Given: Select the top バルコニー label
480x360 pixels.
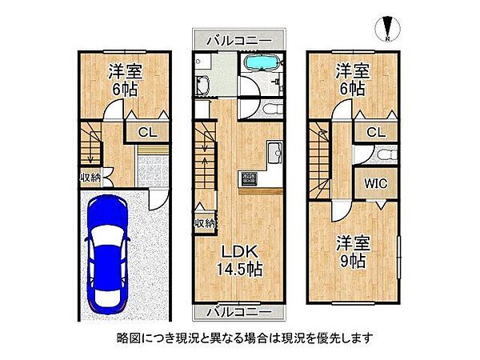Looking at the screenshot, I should coord(236,39).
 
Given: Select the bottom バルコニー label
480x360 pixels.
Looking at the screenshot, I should coord(236,310).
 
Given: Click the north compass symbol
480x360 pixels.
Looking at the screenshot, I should coord(386,28).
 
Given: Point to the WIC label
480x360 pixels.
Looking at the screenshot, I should coord(375,183).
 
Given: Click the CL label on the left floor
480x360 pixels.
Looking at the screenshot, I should coord(147,133).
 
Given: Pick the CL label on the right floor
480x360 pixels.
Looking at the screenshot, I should coord(376,133).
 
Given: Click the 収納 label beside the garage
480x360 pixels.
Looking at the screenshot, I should coord(89,178).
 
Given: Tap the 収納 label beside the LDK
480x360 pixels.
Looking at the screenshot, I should coord(203,223).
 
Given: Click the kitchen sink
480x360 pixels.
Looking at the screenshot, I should coord(274,149).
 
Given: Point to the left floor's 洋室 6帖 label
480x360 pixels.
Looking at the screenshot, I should coord(123,78).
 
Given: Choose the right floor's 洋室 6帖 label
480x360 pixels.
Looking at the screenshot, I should coord(351,78).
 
